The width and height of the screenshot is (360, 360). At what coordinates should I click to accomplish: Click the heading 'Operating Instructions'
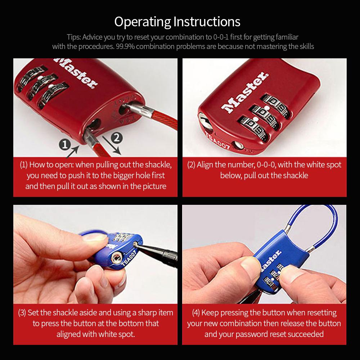[177, 22]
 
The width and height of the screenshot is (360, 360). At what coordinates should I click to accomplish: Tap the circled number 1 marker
[64, 145]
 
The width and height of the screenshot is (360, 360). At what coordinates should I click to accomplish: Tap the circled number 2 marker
[117, 137]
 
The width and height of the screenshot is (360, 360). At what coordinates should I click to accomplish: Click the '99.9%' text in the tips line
[126, 46]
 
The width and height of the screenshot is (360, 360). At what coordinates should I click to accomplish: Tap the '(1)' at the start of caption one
[23, 165]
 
